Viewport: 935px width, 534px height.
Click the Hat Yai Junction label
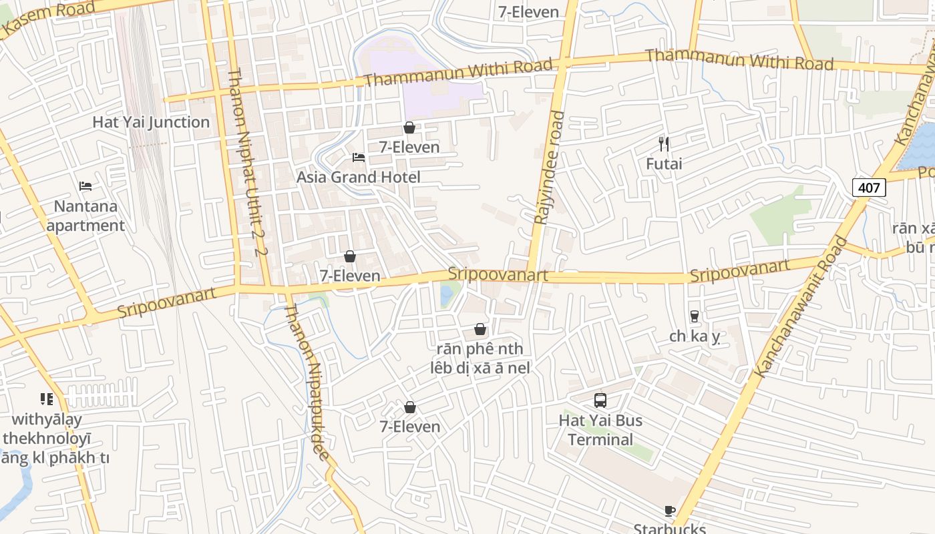[151, 122]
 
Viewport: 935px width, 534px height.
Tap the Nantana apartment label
[85, 216]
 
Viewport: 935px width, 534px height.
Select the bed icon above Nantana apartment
[85, 186]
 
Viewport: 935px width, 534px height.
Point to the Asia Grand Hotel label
[359, 177]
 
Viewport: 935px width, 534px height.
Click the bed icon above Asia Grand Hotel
[359, 158]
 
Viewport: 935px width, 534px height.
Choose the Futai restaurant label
[664, 164]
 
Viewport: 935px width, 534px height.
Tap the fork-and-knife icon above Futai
[664, 144]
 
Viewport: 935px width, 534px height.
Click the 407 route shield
[869, 188]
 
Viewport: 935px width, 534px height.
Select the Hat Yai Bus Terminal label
[600, 430]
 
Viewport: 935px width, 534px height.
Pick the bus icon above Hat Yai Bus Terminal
[600, 400]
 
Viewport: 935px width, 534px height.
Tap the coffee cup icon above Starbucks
[670, 511]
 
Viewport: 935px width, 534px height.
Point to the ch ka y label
[695, 336]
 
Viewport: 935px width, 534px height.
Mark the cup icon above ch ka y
[695, 316]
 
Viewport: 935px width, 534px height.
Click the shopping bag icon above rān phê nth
[480, 329]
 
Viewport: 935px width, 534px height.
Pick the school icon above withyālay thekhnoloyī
[47, 399]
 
